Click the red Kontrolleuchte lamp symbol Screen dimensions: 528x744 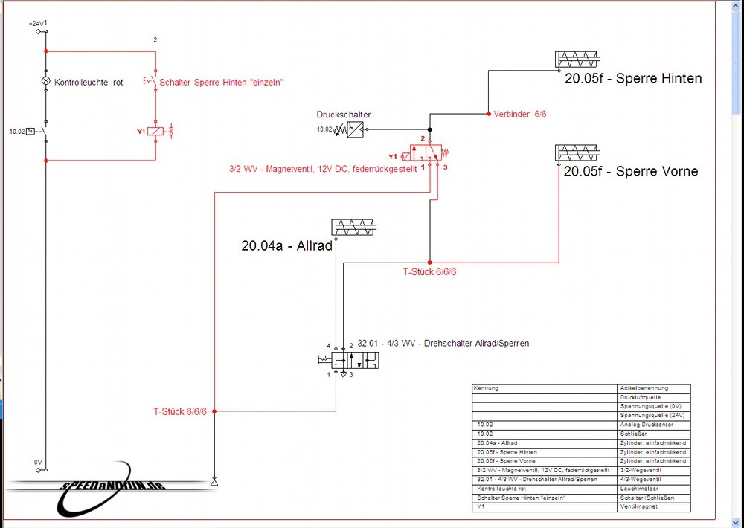click(45, 81)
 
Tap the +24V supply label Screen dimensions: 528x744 click(36, 24)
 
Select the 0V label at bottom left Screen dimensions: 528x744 click(38, 462)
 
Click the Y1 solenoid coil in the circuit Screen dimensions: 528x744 click(155, 131)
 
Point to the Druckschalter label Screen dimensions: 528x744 click(343, 115)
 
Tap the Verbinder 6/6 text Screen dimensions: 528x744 click(520, 114)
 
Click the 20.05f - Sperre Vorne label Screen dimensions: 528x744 click(630, 171)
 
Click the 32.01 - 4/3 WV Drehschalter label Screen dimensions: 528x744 click(443, 344)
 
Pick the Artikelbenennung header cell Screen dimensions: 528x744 click(644, 388)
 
